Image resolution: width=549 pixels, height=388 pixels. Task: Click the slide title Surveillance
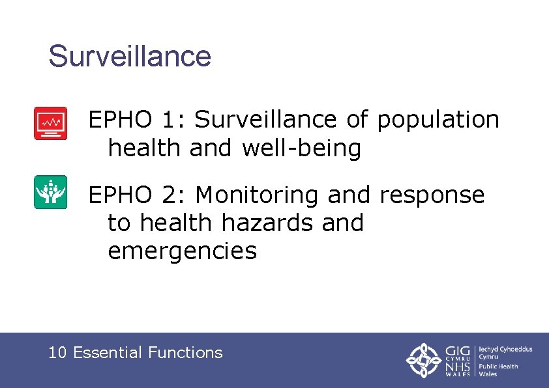coord(130,56)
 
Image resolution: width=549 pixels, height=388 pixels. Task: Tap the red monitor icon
coord(50,123)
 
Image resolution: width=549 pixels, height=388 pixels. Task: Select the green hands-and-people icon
coord(50,192)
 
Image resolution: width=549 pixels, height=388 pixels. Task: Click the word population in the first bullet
coord(438,120)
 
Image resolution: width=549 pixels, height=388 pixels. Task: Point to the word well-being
coord(301,148)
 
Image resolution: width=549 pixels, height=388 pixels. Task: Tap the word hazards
coord(269,223)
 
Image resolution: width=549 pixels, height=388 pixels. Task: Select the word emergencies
coord(183,251)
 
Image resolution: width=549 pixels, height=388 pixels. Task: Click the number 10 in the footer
coord(57,353)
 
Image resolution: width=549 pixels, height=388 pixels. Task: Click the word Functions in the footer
coord(185,353)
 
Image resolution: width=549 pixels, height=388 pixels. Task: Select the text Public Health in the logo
coord(499,366)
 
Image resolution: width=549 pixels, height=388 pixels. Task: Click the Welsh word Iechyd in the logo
coord(490,350)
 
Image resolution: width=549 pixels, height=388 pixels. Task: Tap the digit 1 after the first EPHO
coord(169,120)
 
